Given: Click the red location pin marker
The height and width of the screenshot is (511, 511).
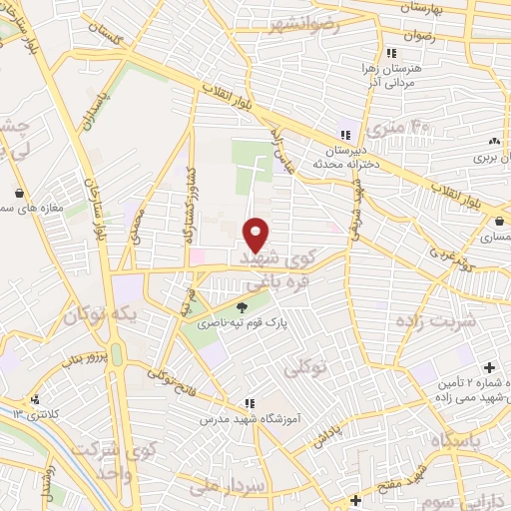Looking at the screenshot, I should (255, 234).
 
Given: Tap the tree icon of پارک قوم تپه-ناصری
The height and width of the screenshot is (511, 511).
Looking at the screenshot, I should (244, 306).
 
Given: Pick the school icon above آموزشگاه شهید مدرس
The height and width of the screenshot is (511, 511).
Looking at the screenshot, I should (249, 404).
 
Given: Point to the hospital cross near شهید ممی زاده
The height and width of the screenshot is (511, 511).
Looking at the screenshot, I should (488, 367).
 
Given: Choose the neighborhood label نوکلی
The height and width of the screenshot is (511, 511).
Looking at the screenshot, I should (306, 367).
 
